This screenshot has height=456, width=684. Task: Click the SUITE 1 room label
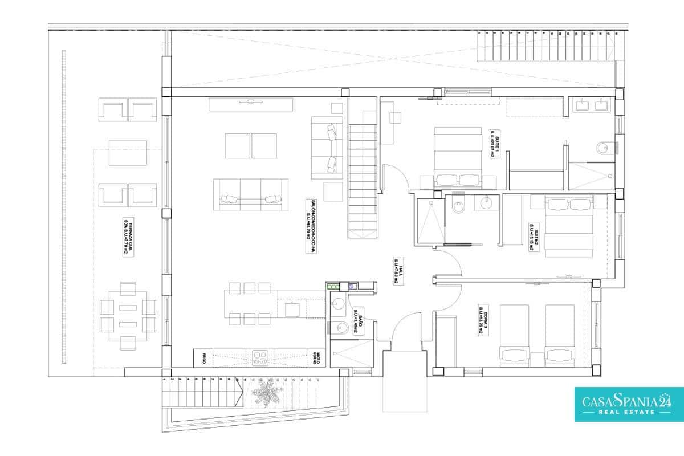(x=494, y=143)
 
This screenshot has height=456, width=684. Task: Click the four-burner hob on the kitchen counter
(x=260, y=357)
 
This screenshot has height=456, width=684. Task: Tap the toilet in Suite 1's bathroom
(x=603, y=148)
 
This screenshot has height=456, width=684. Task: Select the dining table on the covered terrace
(x=128, y=316)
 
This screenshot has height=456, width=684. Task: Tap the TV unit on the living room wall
(x=251, y=104)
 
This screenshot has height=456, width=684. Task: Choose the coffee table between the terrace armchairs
(x=128, y=152)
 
